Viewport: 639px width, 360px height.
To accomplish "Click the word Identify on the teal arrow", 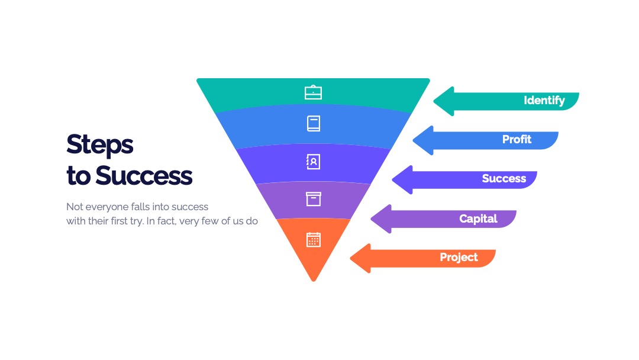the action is pyautogui.click(x=544, y=100).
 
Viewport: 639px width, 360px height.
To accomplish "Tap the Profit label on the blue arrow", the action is pyautogui.click(x=517, y=139).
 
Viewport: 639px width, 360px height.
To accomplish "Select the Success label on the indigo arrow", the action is pyautogui.click(x=504, y=179).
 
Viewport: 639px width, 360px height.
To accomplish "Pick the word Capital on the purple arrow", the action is pyautogui.click(x=479, y=219).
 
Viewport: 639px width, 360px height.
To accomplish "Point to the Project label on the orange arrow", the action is pyautogui.click(x=459, y=257).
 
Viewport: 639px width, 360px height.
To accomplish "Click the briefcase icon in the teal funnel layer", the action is pyautogui.click(x=314, y=92).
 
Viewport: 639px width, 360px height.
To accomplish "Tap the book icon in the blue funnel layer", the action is pyautogui.click(x=314, y=124).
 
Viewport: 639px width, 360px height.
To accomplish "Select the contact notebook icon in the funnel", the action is pyautogui.click(x=313, y=162).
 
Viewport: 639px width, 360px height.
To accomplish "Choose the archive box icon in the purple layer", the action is pyautogui.click(x=314, y=199).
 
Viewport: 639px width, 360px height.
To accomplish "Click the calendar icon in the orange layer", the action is pyautogui.click(x=314, y=239).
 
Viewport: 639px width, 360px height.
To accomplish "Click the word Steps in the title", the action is pyautogui.click(x=100, y=145).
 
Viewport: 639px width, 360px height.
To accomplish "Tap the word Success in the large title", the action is pyautogui.click(x=144, y=176).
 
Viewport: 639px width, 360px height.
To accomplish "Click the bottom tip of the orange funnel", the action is pyautogui.click(x=314, y=281).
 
